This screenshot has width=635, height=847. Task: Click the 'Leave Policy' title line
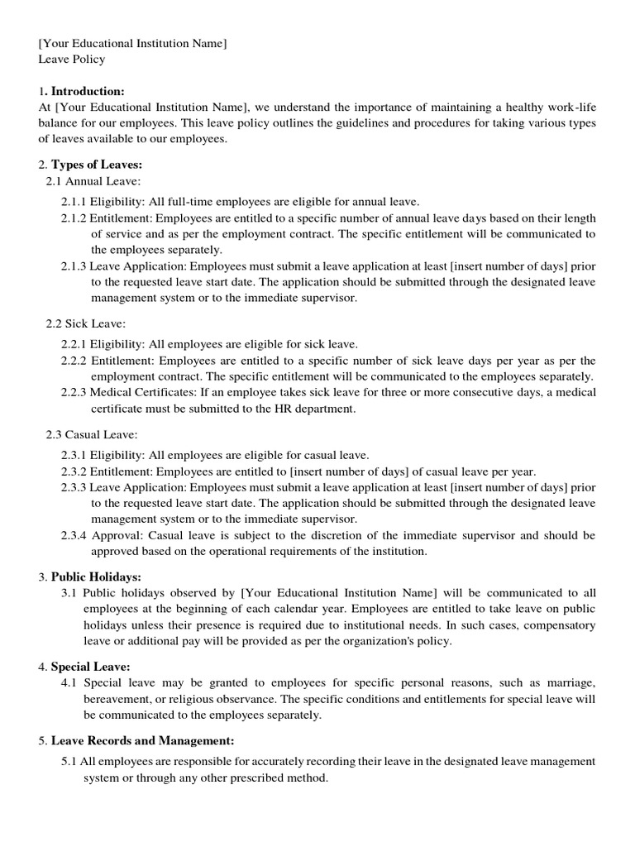tap(72, 60)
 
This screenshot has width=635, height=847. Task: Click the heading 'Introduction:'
tap(88, 91)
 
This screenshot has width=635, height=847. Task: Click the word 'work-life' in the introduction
tap(569, 108)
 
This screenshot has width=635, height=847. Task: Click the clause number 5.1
tap(69, 761)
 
